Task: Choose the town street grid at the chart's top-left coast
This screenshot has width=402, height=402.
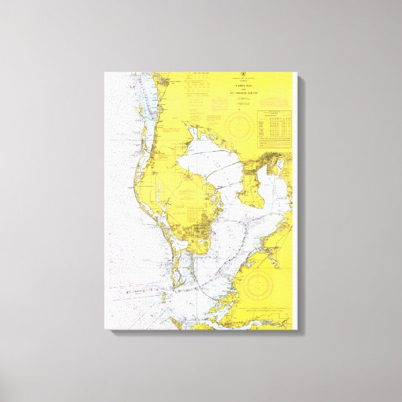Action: pyautogui.click(x=164, y=81)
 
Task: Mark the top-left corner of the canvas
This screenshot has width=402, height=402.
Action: pyautogui.click(x=105, y=73)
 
